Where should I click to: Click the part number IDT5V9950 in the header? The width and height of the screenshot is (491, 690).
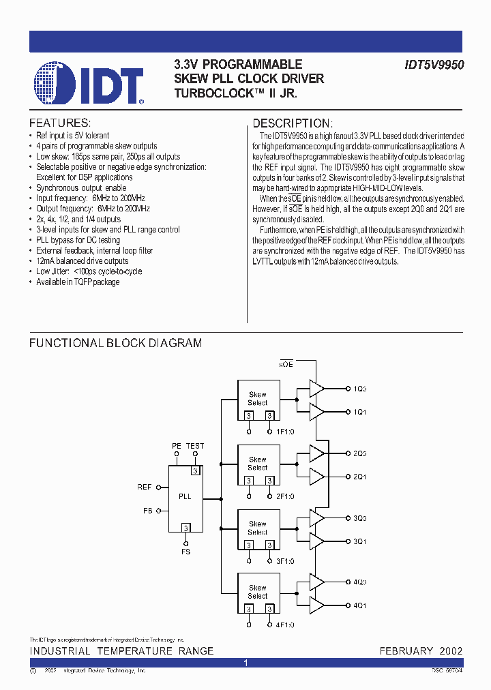click(434, 65)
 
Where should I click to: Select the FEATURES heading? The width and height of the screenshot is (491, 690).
click(60, 123)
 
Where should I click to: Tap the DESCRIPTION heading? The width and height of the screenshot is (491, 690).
click(292, 123)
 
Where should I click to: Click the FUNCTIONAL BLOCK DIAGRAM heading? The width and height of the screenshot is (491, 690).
click(115, 343)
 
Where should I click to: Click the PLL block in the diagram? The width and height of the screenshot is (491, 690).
click(185, 498)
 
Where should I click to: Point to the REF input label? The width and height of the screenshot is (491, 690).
click(144, 487)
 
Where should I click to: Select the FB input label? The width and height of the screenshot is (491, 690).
click(147, 510)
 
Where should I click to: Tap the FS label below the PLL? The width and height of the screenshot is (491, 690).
click(185, 552)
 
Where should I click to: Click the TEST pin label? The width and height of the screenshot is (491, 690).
click(195, 446)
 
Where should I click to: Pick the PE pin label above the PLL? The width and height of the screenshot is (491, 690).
click(176, 446)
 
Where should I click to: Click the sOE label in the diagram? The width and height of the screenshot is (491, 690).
click(286, 365)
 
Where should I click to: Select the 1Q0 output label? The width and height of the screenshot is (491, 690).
click(359, 389)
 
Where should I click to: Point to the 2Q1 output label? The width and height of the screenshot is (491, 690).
click(359, 477)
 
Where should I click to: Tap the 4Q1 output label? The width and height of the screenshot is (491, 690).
click(359, 605)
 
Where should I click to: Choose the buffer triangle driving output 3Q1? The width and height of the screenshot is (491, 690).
click(316, 541)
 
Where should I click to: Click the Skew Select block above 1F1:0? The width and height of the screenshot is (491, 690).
click(258, 399)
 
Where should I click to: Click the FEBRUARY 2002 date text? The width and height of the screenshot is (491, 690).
click(421, 651)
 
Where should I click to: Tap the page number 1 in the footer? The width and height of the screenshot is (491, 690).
click(245, 663)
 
